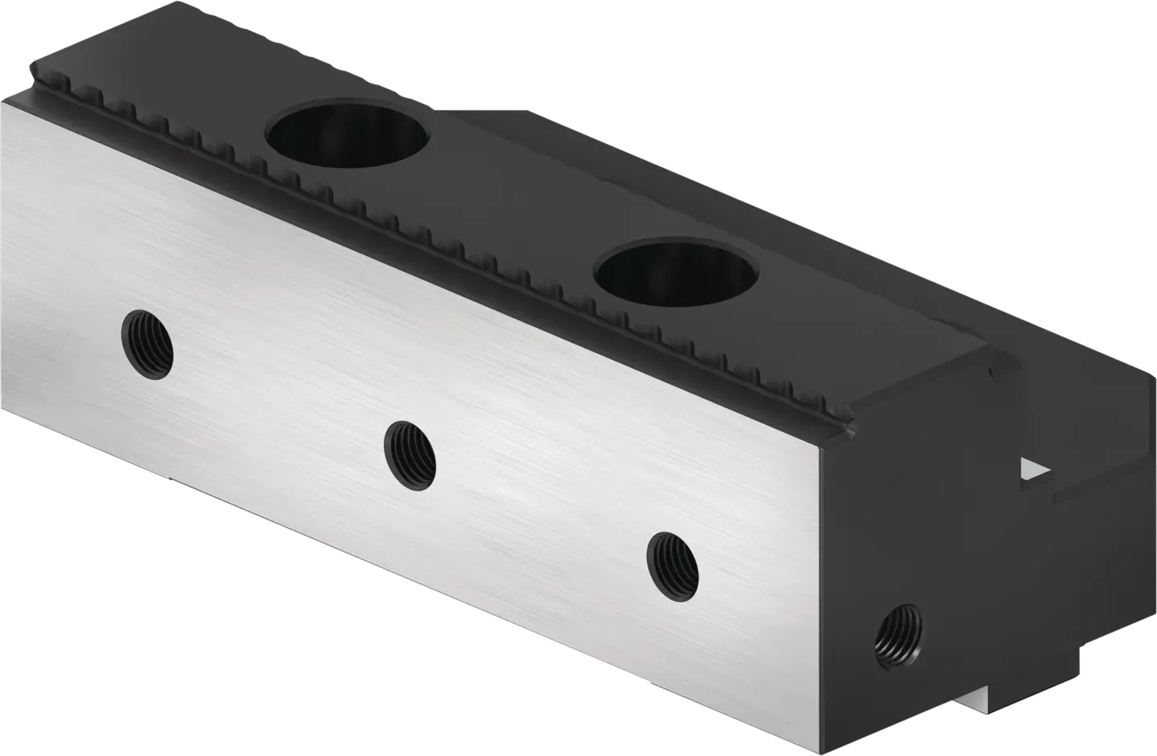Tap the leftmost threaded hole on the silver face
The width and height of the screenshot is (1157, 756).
[x=147, y=344]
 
